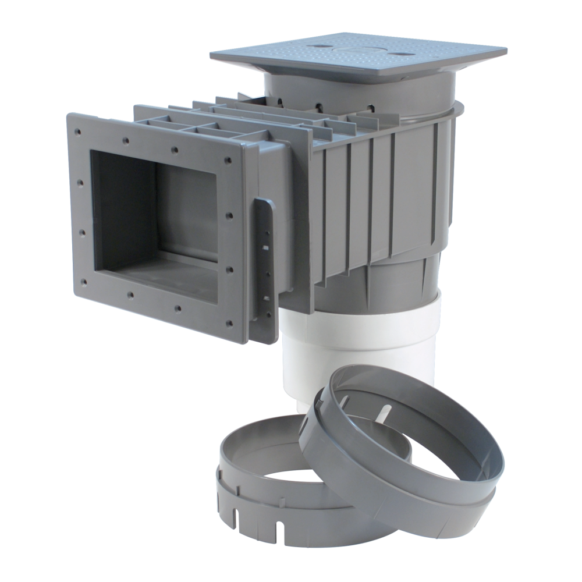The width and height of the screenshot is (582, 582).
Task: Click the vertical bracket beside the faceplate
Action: (263, 268)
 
